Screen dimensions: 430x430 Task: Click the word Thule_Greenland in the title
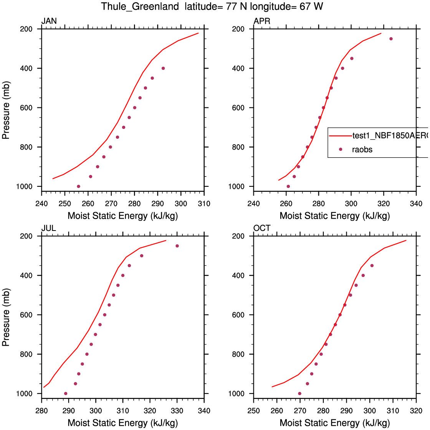[x=140, y=7]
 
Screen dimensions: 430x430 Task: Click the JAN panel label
[x=49, y=21]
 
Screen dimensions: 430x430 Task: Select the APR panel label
[x=262, y=21]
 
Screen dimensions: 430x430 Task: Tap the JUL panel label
[x=49, y=228]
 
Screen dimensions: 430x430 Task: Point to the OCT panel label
[x=262, y=228]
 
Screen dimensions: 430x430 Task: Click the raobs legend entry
[x=362, y=150]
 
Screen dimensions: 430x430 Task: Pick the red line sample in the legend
[x=341, y=135]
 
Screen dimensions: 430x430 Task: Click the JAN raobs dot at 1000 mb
[x=78, y=186]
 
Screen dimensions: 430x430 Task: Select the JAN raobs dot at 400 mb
[x=163, y=68]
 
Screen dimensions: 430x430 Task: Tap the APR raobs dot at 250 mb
[x=391, y=39]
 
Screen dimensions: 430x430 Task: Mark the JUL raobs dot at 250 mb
[x=177, y=246]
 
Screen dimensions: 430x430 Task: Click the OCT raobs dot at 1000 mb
[x=299, y=394]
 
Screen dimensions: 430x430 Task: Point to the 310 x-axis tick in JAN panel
[x=204, y=204]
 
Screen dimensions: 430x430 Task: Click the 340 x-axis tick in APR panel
[x=416, y=204]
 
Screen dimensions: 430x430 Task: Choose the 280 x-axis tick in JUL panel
[x=41, y=411]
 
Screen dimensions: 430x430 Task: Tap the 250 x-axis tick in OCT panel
[x=253, y=411]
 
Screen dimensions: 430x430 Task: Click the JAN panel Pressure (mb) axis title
[x=6, y=110]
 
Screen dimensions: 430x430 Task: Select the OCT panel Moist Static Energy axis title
[x=334, y=423]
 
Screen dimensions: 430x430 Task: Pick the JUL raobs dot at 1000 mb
[x=66, y=394]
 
